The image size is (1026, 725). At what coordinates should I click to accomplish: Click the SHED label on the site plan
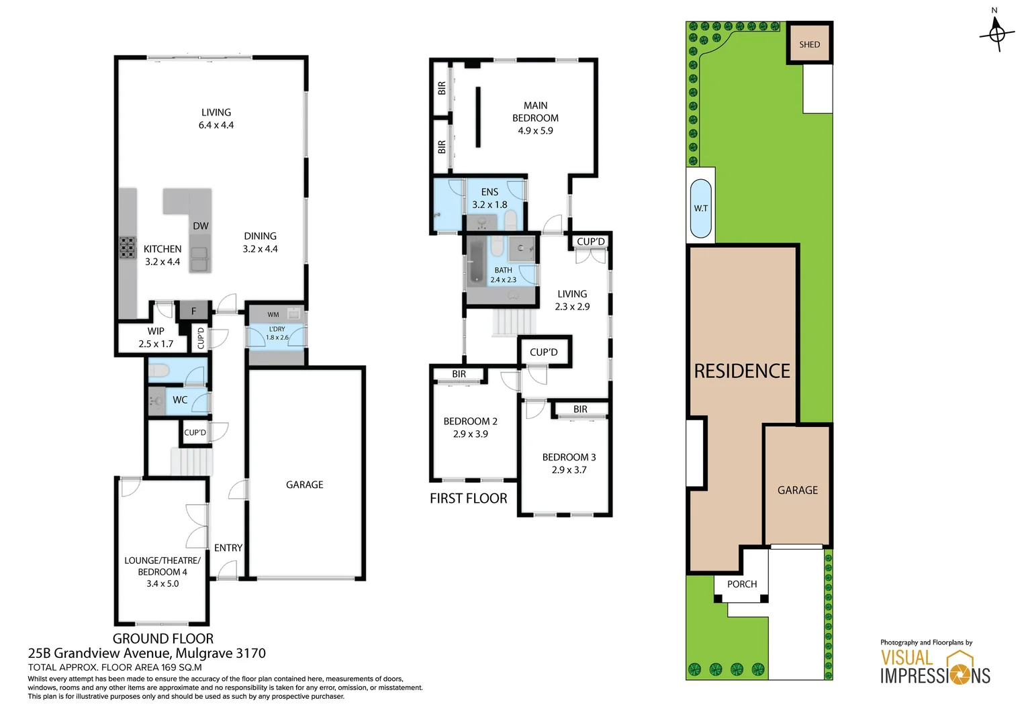[809, 44]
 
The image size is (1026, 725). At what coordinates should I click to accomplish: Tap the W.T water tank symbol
[701, 208]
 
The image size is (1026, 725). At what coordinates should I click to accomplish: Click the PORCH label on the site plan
[741, 584]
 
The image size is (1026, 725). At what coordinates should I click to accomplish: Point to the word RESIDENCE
[742, 371]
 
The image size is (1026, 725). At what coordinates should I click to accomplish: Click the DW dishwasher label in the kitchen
[200, 226]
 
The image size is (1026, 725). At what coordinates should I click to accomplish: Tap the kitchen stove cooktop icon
[128, 248]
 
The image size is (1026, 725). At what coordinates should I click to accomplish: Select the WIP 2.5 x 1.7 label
[156, 338]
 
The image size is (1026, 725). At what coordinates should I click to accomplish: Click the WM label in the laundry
[273, 314]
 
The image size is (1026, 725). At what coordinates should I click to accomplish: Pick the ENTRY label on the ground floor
[228, 548]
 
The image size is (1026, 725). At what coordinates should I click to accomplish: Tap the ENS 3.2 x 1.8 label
[489, 198]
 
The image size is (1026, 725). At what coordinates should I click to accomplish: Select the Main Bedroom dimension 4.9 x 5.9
[535, 131]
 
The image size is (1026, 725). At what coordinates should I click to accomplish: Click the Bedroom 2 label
[470, 422]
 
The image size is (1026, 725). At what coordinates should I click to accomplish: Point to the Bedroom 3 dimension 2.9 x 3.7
[569, 470]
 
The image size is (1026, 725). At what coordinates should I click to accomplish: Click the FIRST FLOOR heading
[468, 498]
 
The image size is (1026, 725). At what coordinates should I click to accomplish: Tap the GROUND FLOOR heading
[163, 638]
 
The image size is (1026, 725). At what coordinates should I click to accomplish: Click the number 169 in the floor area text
[170, 667]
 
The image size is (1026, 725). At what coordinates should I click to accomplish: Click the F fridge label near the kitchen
[193, 311]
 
